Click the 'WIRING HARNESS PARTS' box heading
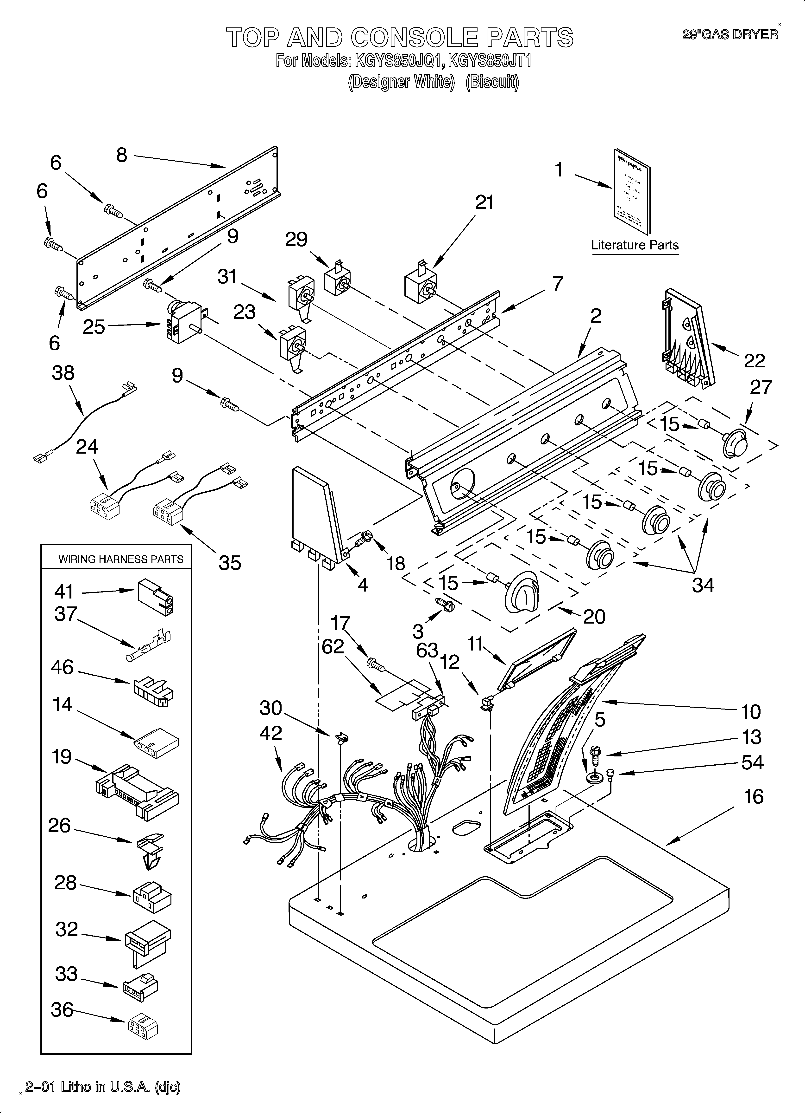pos(121,559)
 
